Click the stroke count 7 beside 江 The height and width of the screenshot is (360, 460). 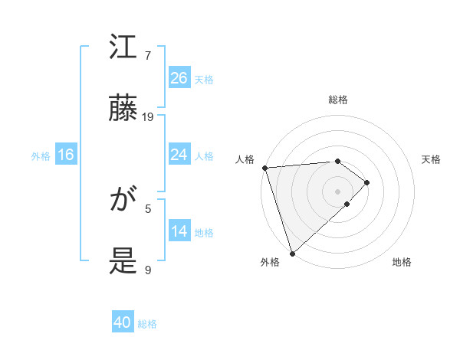pyautogui.click(x=148, y=56)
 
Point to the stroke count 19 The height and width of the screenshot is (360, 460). pyautogui.click(x=148, y=116)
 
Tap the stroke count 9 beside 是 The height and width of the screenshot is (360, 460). pyautogui.click(x=148, y=270)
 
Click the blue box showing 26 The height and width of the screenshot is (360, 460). pyautogui.click(x=179, y=78)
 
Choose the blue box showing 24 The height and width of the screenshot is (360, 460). pyautogui.click(x=179, y=155)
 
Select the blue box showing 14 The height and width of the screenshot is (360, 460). pyautogui.click(x=179, y=231)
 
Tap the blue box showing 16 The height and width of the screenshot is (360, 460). pyautogui.click(x=66, y=155)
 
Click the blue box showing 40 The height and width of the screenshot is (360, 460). pyautogui.click(x=123, y=322)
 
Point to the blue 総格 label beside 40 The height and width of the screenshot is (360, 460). pyautogui.click(x=148, y=324)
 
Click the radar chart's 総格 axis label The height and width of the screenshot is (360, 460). pyautogui.click(x=338, y=100)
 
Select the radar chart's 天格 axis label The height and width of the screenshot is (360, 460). pyautogui.click(x=432, y=159)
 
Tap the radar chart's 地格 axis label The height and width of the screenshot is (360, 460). pyautogui.click(x=402, y=262)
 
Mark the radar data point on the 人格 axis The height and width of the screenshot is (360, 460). pyautogui.click(x=264, y=168)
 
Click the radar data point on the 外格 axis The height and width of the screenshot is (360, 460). pyautogui.click(x=292, y=252)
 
